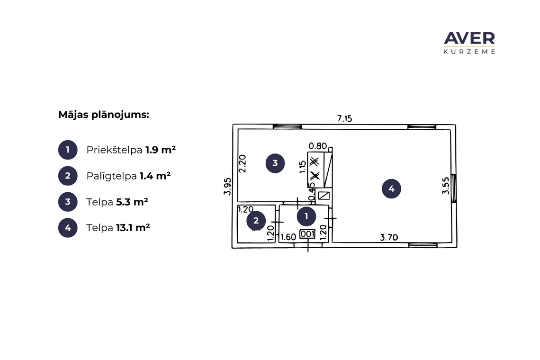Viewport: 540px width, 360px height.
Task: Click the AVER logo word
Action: coord(469,38)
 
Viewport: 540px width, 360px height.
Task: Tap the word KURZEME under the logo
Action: coord(469,52)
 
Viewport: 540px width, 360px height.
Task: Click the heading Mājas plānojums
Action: coord(104,115)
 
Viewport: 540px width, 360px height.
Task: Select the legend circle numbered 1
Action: coord(68,150)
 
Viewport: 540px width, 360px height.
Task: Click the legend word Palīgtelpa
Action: coord(112,176)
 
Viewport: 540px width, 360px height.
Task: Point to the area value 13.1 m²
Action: coord(133,228)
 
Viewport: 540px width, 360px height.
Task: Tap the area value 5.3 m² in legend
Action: coord(132,202)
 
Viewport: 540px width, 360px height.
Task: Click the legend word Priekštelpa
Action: coord(114,150)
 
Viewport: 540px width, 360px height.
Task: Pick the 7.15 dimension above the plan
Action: coord(344,118)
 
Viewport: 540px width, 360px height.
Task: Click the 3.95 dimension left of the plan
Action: coord(227,186)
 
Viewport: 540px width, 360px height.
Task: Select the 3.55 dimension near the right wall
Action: coord(446,186)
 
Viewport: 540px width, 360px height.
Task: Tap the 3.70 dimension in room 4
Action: coord(389,237)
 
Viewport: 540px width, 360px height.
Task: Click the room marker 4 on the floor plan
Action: coord(392,189)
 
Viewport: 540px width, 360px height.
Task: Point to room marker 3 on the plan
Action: coord(275,163)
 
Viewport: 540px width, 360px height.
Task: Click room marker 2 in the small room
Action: coord(256,220)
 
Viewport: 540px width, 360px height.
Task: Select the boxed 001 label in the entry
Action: coord(307,234)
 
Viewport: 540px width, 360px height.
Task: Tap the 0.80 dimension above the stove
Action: coord(317,146)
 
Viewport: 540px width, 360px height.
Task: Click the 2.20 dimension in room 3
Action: coord(243,163)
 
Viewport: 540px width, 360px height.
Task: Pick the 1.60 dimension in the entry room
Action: coord(288,237)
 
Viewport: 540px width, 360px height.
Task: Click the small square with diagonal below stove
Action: coord(324,196)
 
